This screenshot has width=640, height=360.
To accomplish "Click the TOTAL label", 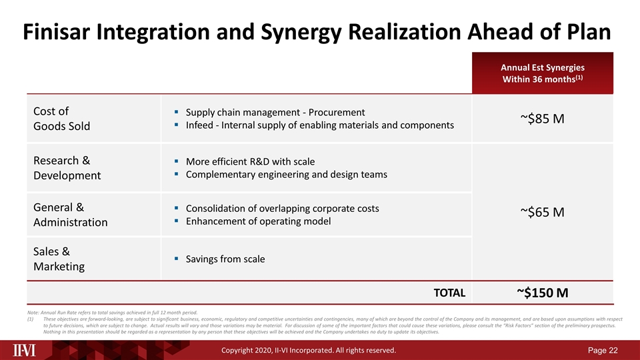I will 449,293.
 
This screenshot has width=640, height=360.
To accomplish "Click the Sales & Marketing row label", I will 59,259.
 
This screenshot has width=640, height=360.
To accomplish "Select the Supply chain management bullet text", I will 275,112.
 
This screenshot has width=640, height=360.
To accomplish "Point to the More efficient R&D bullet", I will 250,161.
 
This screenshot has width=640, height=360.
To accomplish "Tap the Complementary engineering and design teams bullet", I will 286,174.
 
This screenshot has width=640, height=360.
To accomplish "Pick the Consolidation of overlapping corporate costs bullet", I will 282,209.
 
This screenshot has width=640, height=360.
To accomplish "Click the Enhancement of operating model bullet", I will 258,221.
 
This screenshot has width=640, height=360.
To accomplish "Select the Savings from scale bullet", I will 225,259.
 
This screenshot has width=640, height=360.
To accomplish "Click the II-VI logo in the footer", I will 28,349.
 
